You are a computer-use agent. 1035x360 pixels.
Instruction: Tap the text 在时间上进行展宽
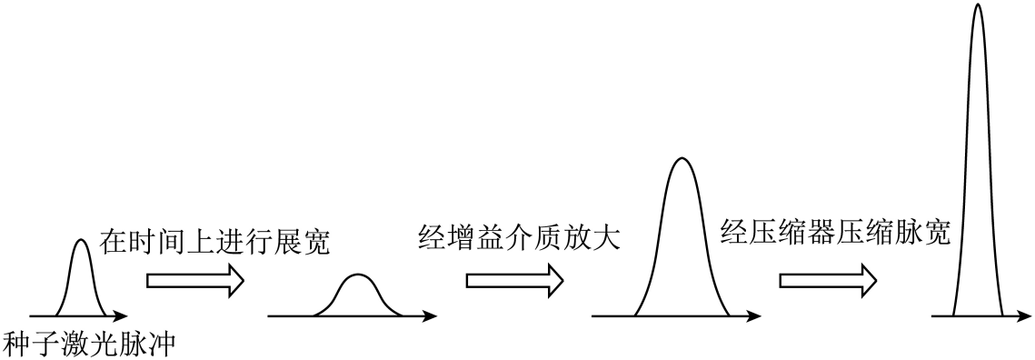click(x=214, y=243)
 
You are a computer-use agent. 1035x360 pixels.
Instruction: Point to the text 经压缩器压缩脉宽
click(x=835, y=233)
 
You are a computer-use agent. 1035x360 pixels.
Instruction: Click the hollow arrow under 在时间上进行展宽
click(x=195, y=281)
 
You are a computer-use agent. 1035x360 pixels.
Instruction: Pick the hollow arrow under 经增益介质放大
click(x=515, y=281)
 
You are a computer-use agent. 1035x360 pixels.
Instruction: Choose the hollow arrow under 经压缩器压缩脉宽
click(x=829, y=281)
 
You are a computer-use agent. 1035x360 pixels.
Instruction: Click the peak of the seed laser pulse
click(x=81, y=240)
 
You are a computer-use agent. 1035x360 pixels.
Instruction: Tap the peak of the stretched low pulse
click(x=357, y=275)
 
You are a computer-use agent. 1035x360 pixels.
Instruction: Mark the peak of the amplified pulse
click(x=682, y=158)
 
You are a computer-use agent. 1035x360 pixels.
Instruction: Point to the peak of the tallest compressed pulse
click(x=978, y=4)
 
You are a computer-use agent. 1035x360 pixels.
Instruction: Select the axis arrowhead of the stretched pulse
click(x=431, y=315)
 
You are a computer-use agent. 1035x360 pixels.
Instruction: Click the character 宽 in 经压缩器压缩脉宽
click(x=937, y=233)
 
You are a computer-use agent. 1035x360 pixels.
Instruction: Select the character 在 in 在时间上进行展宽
click(x=114, y=243)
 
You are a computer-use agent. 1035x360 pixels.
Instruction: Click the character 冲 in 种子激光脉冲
click(x=163, y=345)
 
